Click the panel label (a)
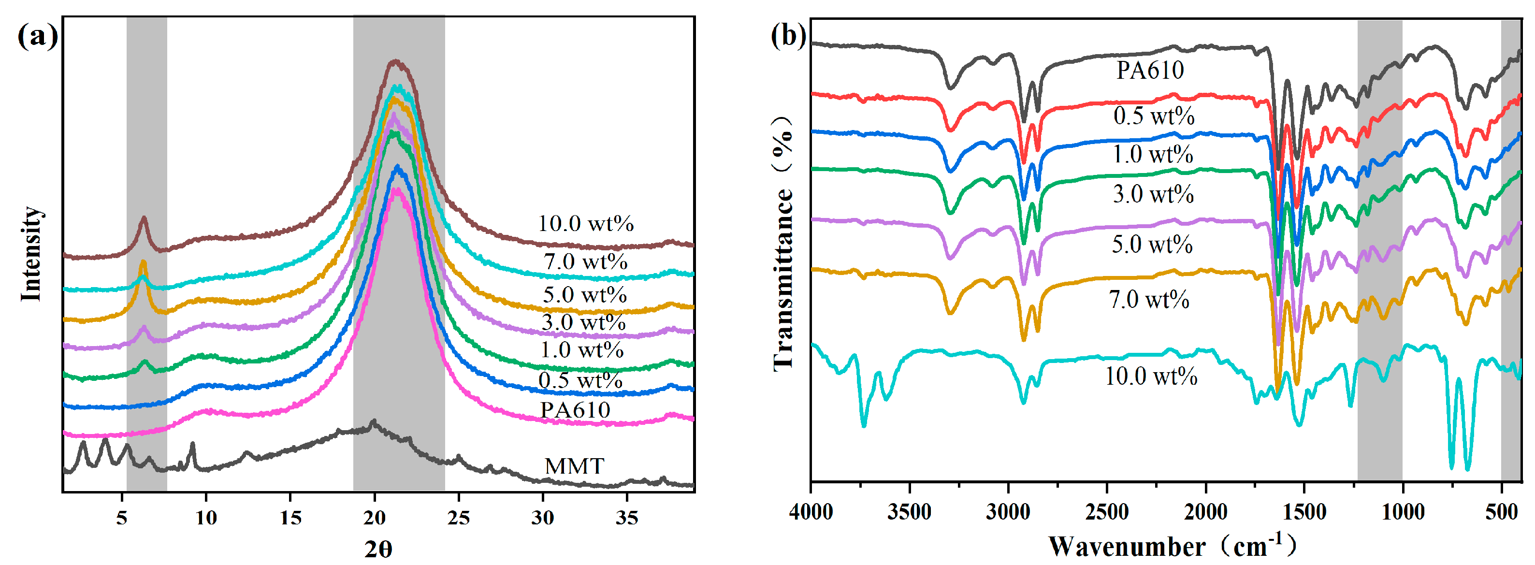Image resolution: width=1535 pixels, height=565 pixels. [37, 36]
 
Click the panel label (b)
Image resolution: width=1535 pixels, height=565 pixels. [788, 35]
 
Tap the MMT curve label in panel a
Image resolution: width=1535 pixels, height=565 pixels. [574, 466]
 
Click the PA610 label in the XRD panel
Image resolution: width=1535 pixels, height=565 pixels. [575, 410]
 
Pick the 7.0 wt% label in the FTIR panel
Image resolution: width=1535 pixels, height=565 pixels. [1148, 299]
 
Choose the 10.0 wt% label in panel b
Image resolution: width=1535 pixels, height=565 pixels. [1151, 376]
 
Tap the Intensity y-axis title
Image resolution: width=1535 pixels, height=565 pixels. [31, 253]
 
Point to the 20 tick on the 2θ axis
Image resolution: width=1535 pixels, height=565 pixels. [374, 517]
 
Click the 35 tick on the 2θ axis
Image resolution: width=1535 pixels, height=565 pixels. [626, 517]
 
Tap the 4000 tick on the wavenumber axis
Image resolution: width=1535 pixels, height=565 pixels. [811, 511]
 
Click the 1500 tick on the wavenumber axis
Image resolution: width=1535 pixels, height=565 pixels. [1304, 511]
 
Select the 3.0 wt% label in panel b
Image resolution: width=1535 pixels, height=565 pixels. [1152, 194]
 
